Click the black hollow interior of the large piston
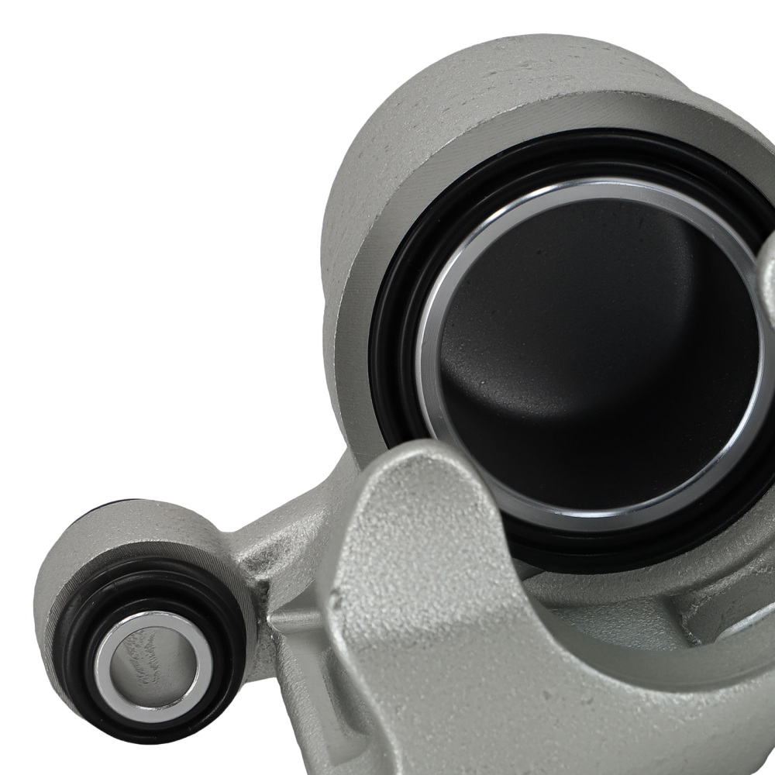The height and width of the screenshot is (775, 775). (597, 349)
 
